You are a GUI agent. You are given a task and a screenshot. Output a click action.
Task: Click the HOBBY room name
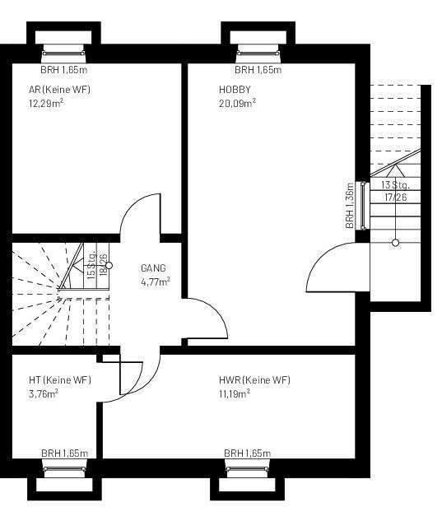(x=235, y=90)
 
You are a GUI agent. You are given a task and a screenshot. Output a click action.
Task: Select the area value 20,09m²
(x=237, y=103)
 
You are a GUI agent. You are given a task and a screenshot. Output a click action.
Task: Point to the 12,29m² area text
(x=47, y=103)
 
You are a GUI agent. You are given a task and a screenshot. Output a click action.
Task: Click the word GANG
(x=153, y=268)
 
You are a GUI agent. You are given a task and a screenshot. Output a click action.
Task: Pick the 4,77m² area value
(x=156, y=281)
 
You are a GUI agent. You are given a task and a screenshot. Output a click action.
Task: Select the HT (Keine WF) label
(x=59, y=380)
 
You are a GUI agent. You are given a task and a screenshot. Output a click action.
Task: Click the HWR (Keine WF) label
(x=254, y=380)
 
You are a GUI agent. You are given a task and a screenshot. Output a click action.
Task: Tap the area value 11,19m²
(x=235, y=393)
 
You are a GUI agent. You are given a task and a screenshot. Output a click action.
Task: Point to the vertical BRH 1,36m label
(x=350, y=206)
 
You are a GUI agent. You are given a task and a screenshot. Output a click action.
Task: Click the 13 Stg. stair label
(x=395, y=186)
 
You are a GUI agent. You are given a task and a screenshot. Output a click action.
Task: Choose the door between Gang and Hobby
(x=206, y=319)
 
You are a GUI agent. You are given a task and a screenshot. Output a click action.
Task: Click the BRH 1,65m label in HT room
(x=65, y=454)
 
